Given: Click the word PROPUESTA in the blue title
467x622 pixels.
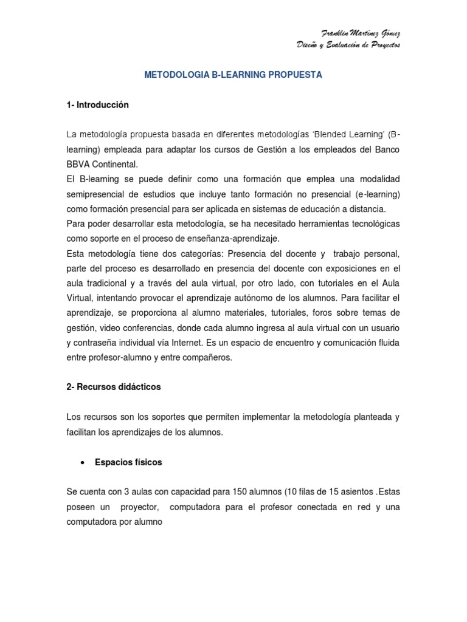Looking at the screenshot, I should [292, 75].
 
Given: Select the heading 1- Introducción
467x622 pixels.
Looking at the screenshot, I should [98, 105].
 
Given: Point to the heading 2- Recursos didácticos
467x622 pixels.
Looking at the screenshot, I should [114, 386].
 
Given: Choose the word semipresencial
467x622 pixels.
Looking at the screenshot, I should [98, 194].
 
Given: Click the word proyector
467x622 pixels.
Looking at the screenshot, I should [140, 506].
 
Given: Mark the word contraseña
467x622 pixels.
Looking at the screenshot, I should [98, 343].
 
